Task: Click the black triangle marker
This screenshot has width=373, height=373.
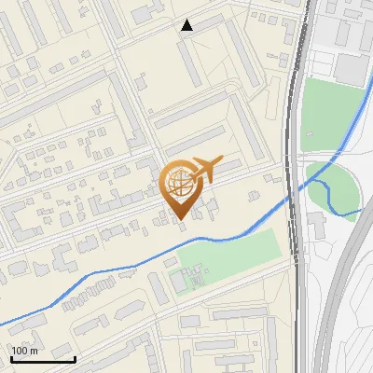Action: pyautogui.click(x=187, y=25)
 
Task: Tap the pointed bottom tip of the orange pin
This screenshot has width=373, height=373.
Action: pyautogui.click(x=180, y=217)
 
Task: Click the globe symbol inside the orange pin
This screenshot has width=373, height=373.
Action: pyautogui.click(x=180, y=184)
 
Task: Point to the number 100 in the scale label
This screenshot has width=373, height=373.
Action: pyautogui.click(x=20, y=351)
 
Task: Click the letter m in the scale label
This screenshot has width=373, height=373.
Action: pyautogui.click(x=35, y=351)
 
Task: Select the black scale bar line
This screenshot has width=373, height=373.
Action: pyautogui.click(x=42, y=359)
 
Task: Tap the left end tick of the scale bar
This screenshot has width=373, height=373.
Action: pyautogui.click(x=10, y=357)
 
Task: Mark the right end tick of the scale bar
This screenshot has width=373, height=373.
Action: pyautogui.click(x=75, y=357)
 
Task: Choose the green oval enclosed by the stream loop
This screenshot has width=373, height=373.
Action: pyautogui.click(x=338, y=186)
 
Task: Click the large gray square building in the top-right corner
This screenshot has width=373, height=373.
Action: pyautogui.click(x=352, y=69)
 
